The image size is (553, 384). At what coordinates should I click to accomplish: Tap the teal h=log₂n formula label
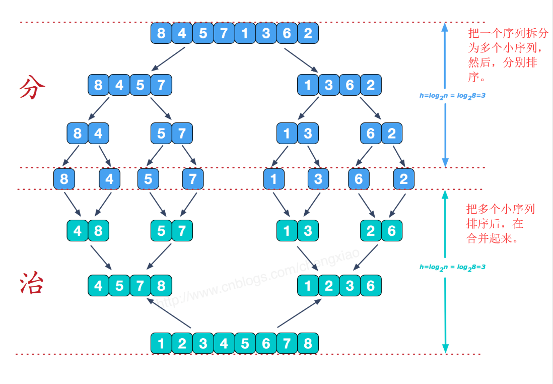pyautogui.click(x=452, y=267)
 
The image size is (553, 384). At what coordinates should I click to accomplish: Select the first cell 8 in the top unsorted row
pyautogui.click(x=161, y=33)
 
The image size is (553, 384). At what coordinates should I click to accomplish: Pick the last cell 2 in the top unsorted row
pyautogui.click(x=308, y=33)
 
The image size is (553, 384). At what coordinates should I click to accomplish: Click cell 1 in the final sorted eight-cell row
pyautogui.click(x=161, y=343)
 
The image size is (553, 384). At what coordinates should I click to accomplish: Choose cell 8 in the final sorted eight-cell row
pyautogui.click(x=308, y=343)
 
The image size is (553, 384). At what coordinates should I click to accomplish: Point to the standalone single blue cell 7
pyautogui.click(x=192, y=179)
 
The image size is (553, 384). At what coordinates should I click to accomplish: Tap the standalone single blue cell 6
pyautogui.click(x=359, y=179)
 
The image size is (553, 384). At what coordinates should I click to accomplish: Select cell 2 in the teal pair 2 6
pyautogui.click(x=371, y=231)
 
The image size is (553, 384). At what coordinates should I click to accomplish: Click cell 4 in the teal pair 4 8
pyautogui.click(x=77, y=231)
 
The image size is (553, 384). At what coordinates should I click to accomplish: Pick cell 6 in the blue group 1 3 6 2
pyautogui.click(x=350, y=85)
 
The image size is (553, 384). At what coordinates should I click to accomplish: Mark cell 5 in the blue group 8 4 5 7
pyautogui.click(x=140, y=85)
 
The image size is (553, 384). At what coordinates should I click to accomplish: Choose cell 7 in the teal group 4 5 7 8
pyautogui.click(x=140, y=286)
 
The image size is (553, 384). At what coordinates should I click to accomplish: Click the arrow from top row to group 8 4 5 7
pyautogui.click(x=168, y=58)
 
